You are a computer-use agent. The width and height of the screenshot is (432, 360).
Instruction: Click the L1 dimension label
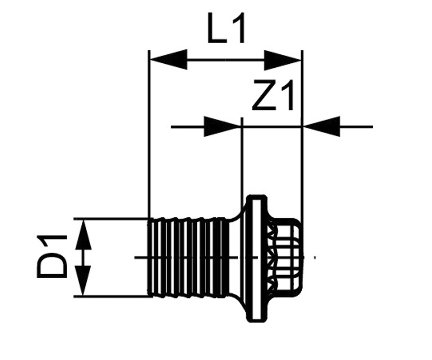point(226,28)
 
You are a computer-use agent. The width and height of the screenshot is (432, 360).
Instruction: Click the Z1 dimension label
point(273,95)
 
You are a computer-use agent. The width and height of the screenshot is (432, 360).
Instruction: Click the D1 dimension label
point(52,256)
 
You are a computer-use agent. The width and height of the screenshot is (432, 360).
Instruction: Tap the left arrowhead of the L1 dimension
point(168,59)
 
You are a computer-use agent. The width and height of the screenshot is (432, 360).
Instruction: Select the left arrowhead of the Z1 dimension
point(222,127)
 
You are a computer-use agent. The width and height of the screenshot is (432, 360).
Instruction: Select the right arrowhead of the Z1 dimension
point(322,127)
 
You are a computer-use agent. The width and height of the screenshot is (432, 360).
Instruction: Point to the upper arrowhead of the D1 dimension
point(83,235)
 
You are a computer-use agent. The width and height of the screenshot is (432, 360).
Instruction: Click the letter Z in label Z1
point(264,95)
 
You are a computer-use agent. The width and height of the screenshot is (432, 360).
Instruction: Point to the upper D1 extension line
point(112,219)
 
